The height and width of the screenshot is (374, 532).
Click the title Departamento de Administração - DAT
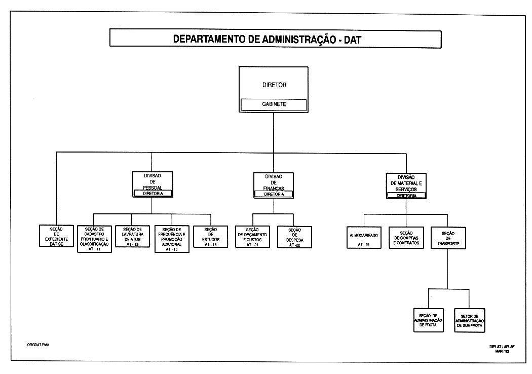click(x=268, y=39)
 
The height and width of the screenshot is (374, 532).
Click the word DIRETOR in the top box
click(x=274, y=85)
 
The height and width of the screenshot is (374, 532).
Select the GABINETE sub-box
click(x=274, y=104)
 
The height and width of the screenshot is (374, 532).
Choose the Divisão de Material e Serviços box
click(x=407, y=182)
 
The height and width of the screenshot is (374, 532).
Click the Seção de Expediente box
click(x=56, y=236)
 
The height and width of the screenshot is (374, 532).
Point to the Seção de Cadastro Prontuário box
click(x=94, y=238)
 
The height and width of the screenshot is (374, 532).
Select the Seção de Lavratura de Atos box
click(x=133, y=236)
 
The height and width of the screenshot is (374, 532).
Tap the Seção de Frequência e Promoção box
click(x=172, y=238)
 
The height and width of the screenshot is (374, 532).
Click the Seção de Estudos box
click(x=211, y=236)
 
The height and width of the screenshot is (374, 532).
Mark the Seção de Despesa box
click(x=295, y=237)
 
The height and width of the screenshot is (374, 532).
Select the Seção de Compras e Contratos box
click(x=406, y=236)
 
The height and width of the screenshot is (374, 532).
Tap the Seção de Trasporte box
click(x=448, y=236)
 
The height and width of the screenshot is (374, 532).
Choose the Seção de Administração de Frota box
click(x=428, y=320)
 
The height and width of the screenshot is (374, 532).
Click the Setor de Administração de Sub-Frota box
click(x=469, y=320)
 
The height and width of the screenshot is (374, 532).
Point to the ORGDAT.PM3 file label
click(x=37, y=345)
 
